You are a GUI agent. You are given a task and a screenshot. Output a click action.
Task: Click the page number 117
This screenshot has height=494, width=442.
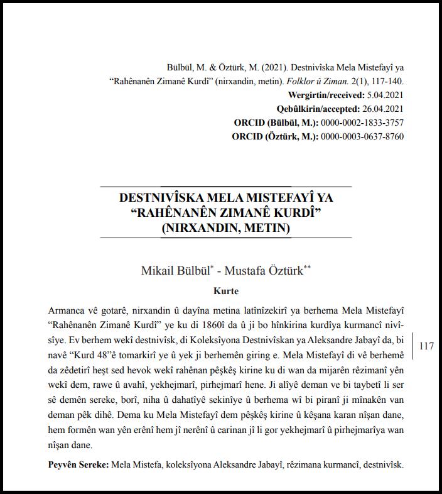(x=426, y=346)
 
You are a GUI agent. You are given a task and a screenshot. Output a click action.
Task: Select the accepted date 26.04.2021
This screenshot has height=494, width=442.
(x=381, y=108)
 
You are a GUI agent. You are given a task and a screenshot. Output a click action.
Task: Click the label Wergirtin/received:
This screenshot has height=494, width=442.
(x=325, y=95)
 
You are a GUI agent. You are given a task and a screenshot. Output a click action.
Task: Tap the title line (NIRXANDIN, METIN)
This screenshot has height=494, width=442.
(x=226, y=228)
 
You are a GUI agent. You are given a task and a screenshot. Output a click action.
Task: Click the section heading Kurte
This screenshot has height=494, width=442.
(x=226, y=291)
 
